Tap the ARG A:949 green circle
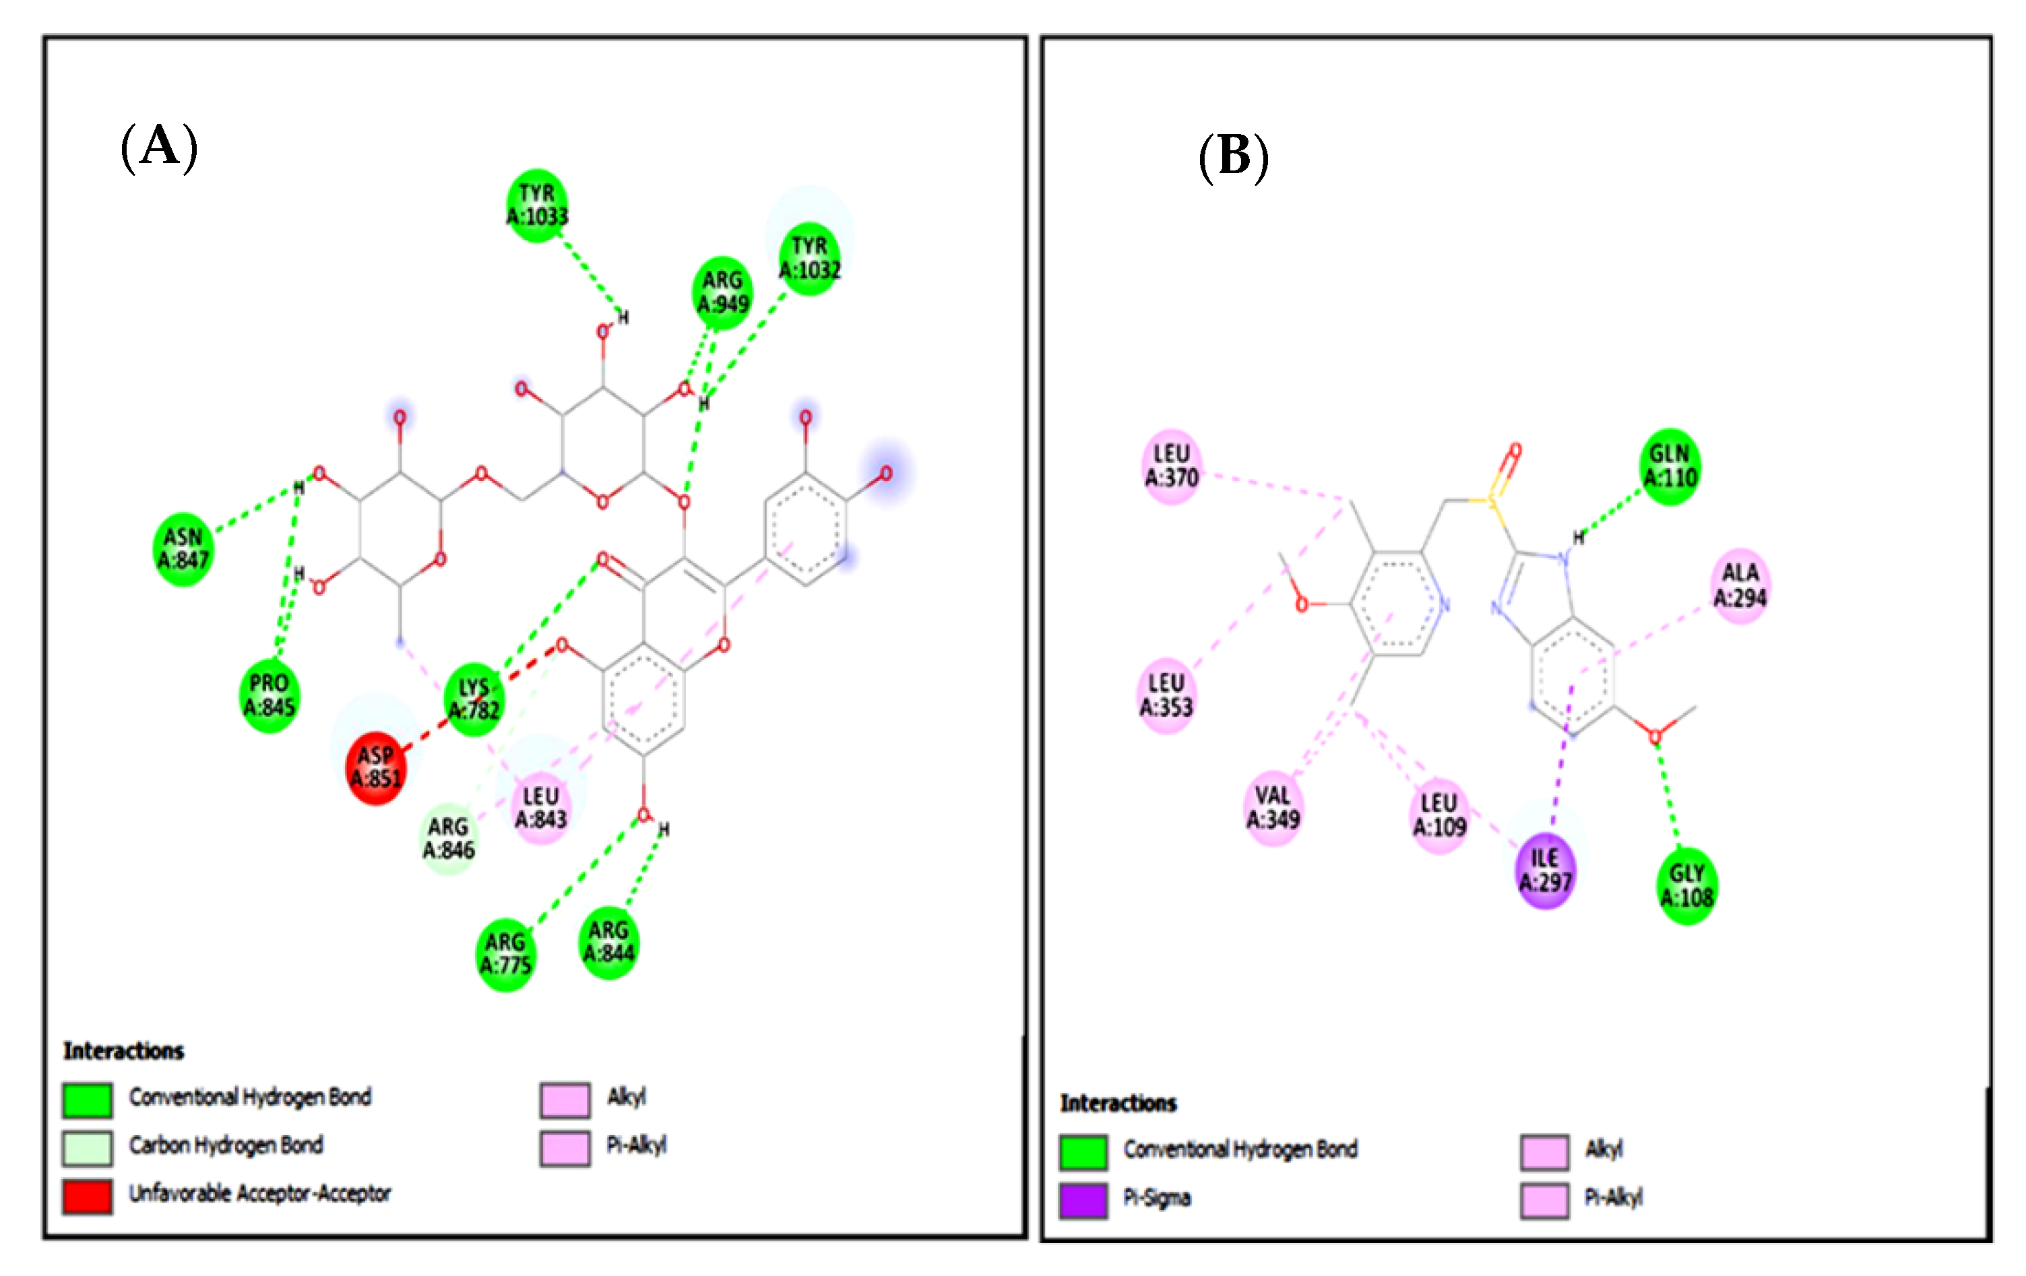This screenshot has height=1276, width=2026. (722, 292)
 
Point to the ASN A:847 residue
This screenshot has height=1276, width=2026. (183, 548)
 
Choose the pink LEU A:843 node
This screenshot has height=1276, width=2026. (540, 808)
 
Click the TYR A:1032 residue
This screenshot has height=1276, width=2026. (809, 258)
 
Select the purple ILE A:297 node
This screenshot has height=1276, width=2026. (1545, 870)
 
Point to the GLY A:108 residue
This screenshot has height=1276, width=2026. (1686, 886)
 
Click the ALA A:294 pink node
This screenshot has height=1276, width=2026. (1740, 585)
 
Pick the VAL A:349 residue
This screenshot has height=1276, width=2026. (1272, 808)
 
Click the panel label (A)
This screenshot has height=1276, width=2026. (159, 146)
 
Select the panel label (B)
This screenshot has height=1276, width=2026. (1234, 156)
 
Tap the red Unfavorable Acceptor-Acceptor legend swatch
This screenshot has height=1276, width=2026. (87, 1196)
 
